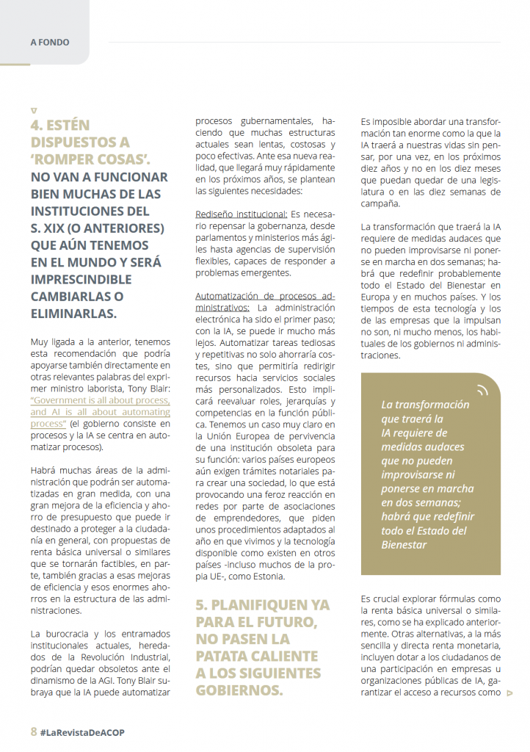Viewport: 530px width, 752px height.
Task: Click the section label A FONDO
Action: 50,43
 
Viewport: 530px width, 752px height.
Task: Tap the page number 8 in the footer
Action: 34,732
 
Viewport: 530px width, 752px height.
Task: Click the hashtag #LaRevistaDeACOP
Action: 87,733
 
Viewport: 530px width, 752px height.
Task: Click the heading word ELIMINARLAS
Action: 73,314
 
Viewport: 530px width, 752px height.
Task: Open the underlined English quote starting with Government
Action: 100,413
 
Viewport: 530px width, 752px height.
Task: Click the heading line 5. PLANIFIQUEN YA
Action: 262,605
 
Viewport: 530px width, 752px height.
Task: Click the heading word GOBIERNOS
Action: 239,690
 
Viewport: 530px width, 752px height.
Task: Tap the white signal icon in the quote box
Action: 482,390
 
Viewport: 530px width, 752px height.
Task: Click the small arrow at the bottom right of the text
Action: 511,693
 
